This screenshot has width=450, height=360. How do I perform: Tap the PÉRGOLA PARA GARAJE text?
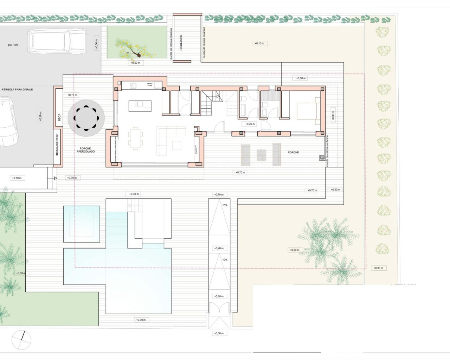tap(17, 90)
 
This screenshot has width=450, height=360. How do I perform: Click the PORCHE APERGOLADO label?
tap(85, 150)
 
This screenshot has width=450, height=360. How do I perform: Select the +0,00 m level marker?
tap(219, 333)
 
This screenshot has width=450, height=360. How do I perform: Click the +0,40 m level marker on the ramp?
tap(219, 248)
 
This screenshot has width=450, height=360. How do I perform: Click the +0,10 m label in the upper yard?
tap(259, 44)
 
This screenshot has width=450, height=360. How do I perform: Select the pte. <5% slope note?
tap(13, 45)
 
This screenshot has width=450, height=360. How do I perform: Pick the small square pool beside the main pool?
tap(82, 224)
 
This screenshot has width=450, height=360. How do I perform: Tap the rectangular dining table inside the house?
tap(136, 138)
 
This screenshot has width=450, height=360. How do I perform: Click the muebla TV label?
tap(196, 149)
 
